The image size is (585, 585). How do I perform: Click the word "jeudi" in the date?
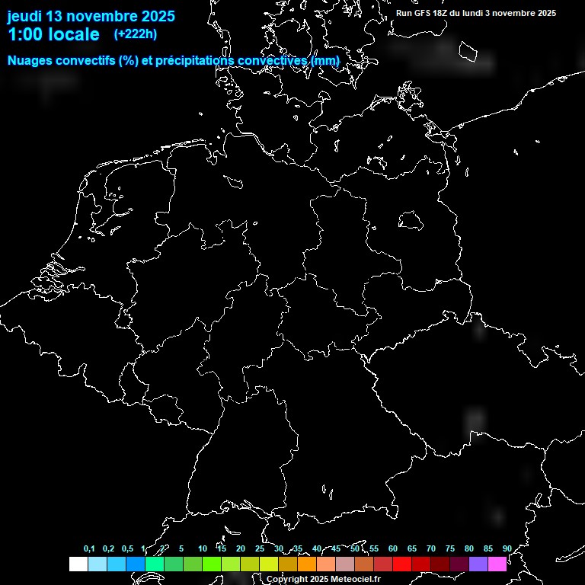[x=25, y=17]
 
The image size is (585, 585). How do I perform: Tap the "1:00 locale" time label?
[x=53, y=34]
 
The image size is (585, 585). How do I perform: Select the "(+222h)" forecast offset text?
[x=136, y=34]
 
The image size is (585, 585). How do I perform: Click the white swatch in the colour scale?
[x=78, y=564]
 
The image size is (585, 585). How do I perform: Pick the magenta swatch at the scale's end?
[x=497, y=564]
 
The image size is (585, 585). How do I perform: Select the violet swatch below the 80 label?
[x=478, y=564]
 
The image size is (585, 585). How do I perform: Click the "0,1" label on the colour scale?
[x=89, y=549]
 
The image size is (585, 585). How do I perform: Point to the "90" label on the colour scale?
[x=507, y=549]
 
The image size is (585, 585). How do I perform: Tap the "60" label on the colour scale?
[x=392, y=549]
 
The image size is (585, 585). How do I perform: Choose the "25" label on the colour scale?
[x=259, y=549]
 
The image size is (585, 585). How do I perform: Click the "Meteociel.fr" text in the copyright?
[x=355, y=580]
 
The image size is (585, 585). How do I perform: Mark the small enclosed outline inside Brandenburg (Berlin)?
[x=411, y=221]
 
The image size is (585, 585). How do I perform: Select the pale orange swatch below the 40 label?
[x=326, y=564]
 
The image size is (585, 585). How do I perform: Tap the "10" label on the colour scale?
[x=202, y=549]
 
